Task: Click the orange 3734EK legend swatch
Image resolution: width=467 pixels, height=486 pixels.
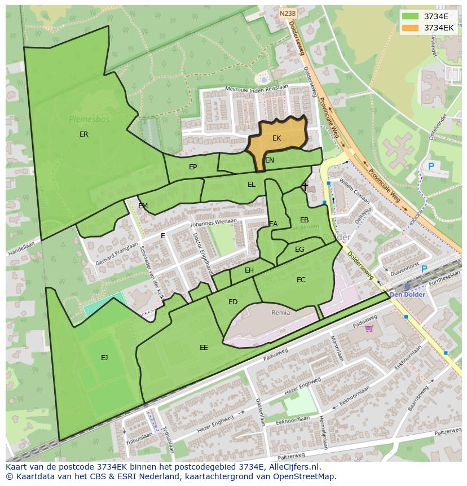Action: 410,28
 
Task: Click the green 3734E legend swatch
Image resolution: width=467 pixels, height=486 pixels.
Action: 410,16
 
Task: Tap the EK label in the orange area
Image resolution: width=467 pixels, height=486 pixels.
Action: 276,138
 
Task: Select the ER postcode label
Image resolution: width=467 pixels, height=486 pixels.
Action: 84,134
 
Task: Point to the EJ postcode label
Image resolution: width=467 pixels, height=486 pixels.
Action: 104,358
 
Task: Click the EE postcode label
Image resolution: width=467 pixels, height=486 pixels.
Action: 204,348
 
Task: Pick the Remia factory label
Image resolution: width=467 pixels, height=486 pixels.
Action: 281,313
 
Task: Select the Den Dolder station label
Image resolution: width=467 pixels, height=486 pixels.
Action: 407,295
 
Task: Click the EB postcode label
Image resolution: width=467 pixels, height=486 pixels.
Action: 304,220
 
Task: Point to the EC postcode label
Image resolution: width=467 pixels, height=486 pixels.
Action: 301,280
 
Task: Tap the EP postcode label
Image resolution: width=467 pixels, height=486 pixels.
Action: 193,167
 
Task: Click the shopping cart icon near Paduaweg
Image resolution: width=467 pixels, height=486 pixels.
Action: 369,329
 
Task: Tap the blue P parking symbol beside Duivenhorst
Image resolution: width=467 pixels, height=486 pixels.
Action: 424,269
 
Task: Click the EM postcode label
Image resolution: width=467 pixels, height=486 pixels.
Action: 143,206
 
